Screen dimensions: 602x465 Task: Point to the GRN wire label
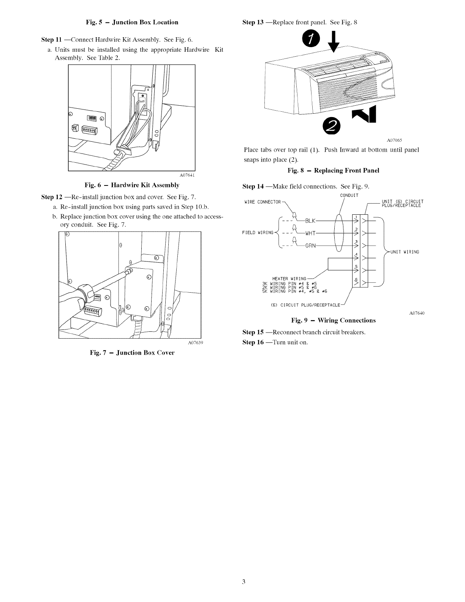310,245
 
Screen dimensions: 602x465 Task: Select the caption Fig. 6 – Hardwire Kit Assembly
132,185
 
